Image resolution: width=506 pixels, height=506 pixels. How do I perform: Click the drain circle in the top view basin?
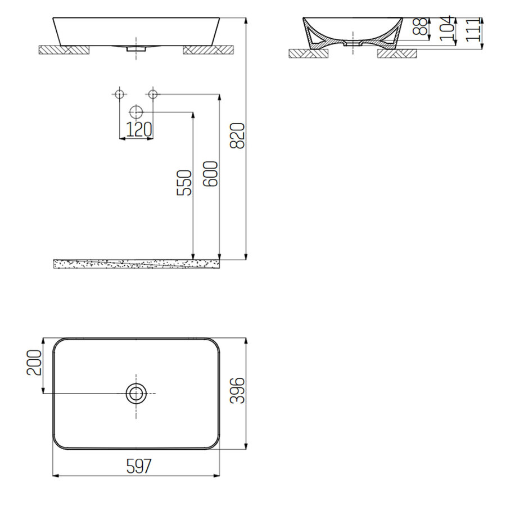(x=136, y=394)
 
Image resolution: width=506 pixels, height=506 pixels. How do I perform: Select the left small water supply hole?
(x=119, y=94)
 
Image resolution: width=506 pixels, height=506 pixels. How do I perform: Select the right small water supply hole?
(x=153, y=94)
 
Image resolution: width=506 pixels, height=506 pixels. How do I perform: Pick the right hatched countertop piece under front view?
(x=207, y=50)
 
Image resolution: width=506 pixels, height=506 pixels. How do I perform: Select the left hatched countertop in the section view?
(x=308, y=54)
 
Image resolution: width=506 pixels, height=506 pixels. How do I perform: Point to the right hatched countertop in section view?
(x=397, y=54)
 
